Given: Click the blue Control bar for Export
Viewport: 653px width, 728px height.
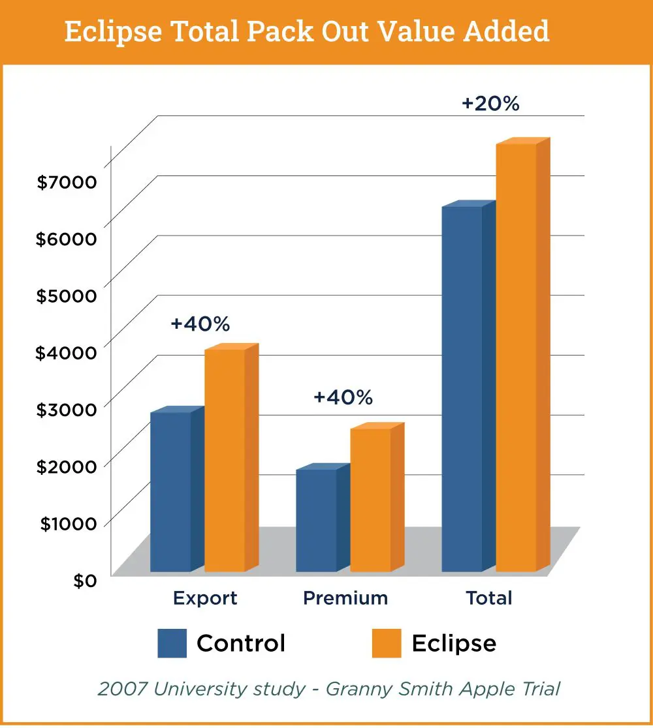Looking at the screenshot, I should pos(170,492).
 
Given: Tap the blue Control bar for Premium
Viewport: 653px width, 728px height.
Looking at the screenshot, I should pos(316,520).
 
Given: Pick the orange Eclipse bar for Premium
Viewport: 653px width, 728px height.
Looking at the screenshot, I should pos(370,500).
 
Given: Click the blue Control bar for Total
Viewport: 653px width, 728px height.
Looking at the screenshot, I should pos(462,389).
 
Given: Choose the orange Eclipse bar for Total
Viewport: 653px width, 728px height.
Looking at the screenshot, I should pos(516,357).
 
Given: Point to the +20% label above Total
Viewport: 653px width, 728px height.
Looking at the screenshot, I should pos(490,104).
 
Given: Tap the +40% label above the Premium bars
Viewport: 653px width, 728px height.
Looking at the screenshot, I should pos(343,397).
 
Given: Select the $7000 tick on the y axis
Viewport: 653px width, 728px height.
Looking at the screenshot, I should pos(67,182).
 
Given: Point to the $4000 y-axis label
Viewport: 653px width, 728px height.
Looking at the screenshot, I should pos(67,352).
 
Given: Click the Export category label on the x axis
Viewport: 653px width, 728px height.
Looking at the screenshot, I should pos(205,598).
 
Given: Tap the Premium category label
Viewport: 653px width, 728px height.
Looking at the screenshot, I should pos(345,598).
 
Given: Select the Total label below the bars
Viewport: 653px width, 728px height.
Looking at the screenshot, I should pos(489,598).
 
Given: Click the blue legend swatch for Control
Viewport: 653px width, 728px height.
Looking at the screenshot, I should pos(172,643).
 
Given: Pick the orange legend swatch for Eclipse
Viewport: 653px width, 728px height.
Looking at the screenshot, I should pos(387,643).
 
